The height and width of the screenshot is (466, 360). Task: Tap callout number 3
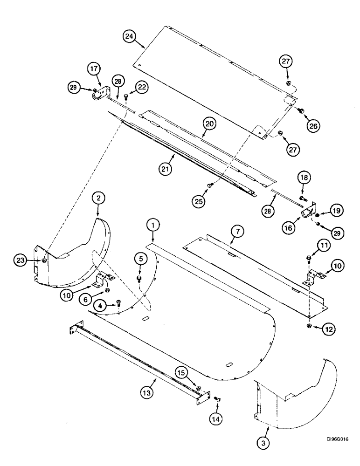click(x=264, y=443)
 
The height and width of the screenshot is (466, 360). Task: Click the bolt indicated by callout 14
click(x=216, y=399)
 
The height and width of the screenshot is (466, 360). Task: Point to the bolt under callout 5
click(x=139, y=279)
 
